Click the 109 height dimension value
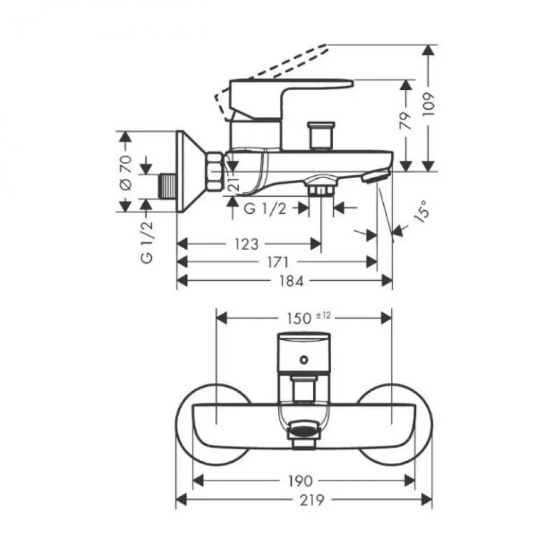pyautogui.click(x=428, y=104)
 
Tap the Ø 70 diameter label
pyautogui.click(x=125, y=173)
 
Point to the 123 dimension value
pyautogui.click(x=246, y=244)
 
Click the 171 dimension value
pyautogui.click(x=278, y=262)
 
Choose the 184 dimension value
pyautogui.click(x=291, y=281)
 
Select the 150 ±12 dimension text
pyautogui.click(x=309, y=318)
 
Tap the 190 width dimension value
pyautogui.click(x=300, y=481)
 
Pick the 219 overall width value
pyautogui.click(x=312, y=500)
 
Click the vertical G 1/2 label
pyautogui.click(x=147, y=242)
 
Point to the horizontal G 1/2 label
pyautogui.click(x=265, y=209)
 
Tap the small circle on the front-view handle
pyautogui.click(x=304, y=360)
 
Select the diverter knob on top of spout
pyautogui.click(x=321, y=135)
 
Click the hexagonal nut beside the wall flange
pyautogui.click(x=215, y=172)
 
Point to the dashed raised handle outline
pyautogui.click(x=272, y=83)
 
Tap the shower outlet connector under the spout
pyautogui.click(x=321, y=185)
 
